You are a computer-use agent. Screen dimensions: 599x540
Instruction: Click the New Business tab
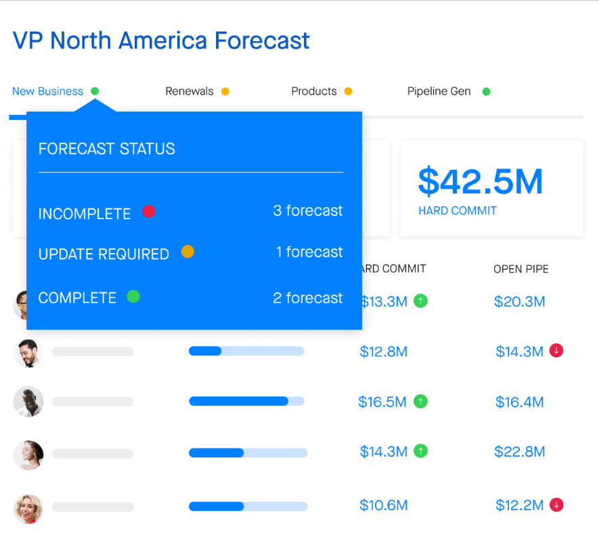(x=48, y=91)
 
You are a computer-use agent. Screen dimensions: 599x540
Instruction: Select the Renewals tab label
(x=189, y=91)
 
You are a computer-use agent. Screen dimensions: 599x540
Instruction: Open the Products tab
(x=313, y=91)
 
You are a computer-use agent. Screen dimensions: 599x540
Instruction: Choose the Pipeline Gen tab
(x=439, y=91)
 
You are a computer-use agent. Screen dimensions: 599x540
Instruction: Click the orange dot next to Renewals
(x=225, y=91)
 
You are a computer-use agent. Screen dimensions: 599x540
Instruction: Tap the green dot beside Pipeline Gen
(x=486, y=91)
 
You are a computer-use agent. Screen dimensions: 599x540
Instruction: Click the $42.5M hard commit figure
(x=480, y=182)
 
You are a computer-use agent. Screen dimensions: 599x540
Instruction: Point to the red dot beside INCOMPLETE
(x=149, y=211)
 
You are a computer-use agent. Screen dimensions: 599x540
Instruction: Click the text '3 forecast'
(x=307, y=210)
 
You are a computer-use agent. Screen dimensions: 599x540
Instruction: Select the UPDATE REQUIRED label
(x=104, y=254)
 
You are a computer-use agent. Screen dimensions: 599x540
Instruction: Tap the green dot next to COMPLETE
(x=133, y=296)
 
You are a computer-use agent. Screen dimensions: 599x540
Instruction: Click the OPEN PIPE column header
(x=520, y=269)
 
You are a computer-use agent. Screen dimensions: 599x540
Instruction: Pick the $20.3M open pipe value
(x=520, y=302)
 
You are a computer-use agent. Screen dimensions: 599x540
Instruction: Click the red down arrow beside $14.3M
(x=556, y=351)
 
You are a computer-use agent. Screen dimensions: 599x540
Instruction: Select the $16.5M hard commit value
(x=382, y=402)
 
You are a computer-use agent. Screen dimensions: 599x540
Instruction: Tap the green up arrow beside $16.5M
(x=420, y=401)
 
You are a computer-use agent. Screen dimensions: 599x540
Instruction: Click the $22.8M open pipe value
(x=520, y=452)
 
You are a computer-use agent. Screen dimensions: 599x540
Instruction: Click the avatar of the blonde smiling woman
(x=28, y=509)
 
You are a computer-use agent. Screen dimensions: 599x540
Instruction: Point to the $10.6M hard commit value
(x=384, y=505)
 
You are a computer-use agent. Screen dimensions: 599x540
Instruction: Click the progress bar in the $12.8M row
(x=246, y=351)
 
